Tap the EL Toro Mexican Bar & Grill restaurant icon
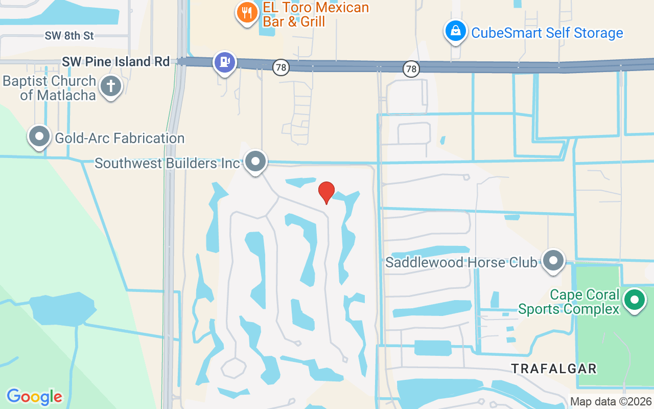247,12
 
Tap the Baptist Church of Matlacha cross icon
111,86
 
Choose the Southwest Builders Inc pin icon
255,162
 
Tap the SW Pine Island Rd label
115,62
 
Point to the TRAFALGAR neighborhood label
554,369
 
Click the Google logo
34,397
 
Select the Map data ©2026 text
611,402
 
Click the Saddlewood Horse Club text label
461,263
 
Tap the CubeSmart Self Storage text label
547,33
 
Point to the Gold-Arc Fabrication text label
120,138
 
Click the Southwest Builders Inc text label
167,163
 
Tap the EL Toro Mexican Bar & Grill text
315,14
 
